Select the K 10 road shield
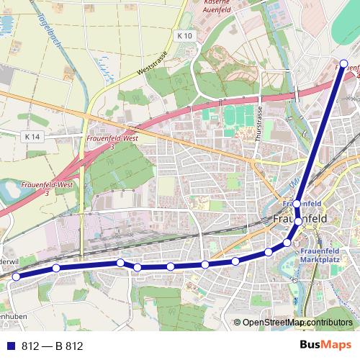[x=185, y=35]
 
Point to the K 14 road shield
[x=32, y=136]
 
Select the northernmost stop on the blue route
[x=344, y=63]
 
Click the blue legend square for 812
[x=11, y=346]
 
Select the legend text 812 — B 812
[x=53, y=346]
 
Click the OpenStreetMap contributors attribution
[x=297, y=323]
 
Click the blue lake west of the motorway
[x=14, y=191]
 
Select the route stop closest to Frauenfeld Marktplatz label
[x=287, y=243]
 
